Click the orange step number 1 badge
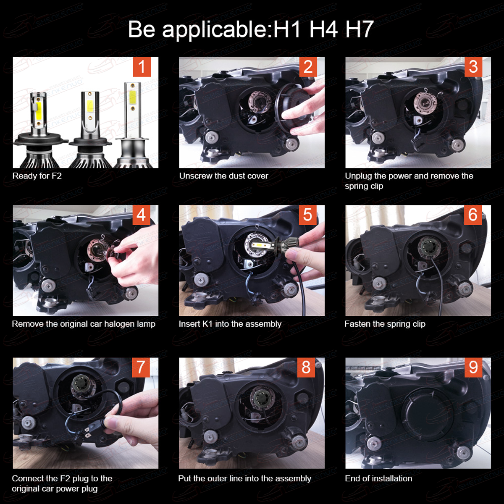click(142, 67)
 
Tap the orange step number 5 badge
click(307, 215)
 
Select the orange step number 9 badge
click(473, 367)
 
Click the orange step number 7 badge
click(141, 367)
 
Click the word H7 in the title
click(360, 29)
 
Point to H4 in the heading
click(323, 29)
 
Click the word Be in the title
click(142, 29)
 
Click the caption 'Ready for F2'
click(37, 176)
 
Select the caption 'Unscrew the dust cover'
click(223, 176)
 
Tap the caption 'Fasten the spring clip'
click(385, 324)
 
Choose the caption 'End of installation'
click(378, 479)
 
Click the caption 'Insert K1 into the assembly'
click(230, 324)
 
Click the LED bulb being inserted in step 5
click(272, 244)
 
